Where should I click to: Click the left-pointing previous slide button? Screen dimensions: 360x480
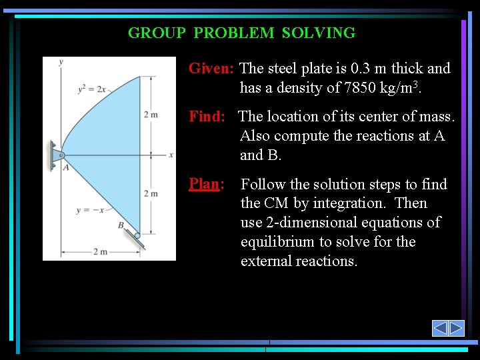tap(440, 328)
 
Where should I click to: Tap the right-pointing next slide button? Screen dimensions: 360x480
tap(456, 328)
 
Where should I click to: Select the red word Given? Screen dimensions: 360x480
tap(211, 69)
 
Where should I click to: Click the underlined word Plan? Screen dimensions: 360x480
tap(205, 184)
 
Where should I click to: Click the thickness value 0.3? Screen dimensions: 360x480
tap(361, 69)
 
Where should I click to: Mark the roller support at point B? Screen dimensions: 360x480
tap(137, 235)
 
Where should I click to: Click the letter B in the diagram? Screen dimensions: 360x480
tap(121, 225)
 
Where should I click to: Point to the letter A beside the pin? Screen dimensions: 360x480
tap(66, 168)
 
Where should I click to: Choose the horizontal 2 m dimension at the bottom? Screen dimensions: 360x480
tap(100, 252)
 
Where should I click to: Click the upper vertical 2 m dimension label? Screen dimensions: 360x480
tap(151, 115)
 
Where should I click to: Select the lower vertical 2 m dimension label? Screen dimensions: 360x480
tap(151, 193)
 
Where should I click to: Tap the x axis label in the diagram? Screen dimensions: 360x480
tap(171, 155)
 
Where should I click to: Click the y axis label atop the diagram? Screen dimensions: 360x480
tap(61, 62)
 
